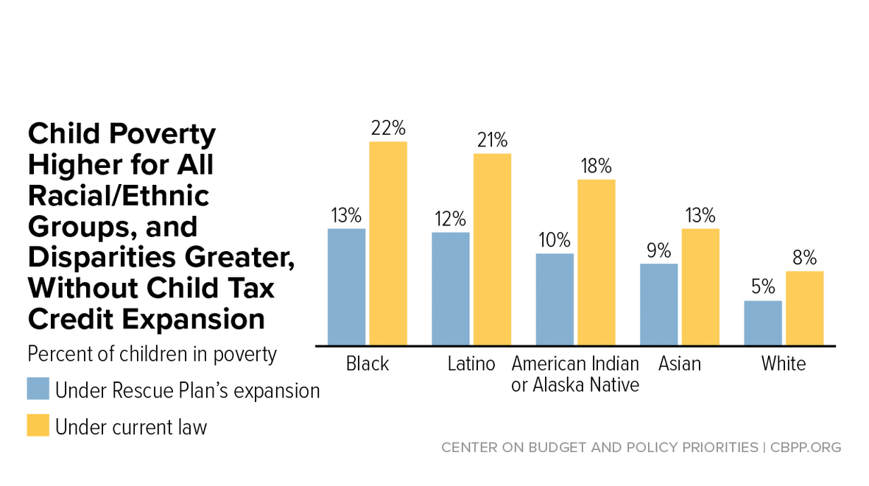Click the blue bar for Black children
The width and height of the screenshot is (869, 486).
(x=346, y=287)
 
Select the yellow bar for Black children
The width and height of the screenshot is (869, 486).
(x=388, y=244)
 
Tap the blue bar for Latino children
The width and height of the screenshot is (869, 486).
(x=451, y=289)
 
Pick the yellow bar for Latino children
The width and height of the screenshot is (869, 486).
(x=492, y=250)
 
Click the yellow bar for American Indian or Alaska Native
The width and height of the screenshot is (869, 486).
(x=597, y=263)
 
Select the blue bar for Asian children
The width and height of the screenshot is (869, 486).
(x=659, y=305)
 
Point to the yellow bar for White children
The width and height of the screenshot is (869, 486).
(x=805, y=309)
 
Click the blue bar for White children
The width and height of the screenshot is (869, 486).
(x=763, y=323)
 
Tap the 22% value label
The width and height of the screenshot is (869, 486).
(x=388, y=128)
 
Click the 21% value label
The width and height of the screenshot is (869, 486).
(x=492, y=140)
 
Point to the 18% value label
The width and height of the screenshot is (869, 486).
(x=597, y=166)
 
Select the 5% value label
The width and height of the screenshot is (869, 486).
(x=763, y=286)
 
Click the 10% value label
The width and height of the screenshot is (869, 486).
(x=555, y=240)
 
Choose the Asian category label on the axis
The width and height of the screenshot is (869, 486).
(x=680, y=364)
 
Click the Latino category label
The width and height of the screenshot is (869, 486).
(x=471, y=364)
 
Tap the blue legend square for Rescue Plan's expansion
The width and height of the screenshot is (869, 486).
(x=38, y=389)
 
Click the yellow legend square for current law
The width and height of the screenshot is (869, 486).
(x=38, y=425)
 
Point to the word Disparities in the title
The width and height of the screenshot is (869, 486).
(x=102, y=257)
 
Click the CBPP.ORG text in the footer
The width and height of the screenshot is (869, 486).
(x=806, y=447)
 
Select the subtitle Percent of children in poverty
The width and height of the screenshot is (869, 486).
(x=152, y=354)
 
